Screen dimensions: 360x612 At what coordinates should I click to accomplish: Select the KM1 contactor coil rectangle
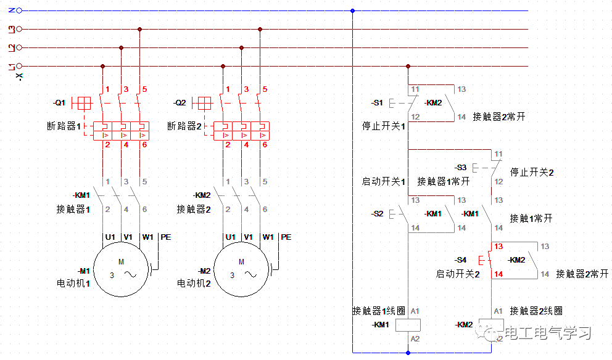(408, 325)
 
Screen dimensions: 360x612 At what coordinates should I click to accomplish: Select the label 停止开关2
(532, 172)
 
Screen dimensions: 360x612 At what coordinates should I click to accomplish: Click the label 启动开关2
(458, 274)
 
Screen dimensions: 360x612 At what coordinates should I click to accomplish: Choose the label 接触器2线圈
(536, 311)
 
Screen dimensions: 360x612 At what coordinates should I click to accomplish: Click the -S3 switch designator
(461, 168)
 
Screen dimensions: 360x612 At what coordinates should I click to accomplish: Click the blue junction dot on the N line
(352, 10)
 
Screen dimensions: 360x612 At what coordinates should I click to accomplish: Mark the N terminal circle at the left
(19, 10)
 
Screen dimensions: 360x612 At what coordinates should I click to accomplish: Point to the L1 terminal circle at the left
(19, 66)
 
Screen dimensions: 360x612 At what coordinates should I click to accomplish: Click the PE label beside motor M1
(165, 237)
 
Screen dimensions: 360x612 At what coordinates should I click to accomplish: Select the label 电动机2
(194, 284)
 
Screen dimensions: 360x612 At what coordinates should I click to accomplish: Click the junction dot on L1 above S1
(408, 66)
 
